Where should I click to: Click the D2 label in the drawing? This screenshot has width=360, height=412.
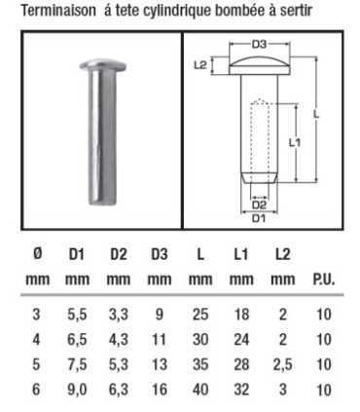point(258,206)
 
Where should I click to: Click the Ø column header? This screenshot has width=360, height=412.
point(36,255)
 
